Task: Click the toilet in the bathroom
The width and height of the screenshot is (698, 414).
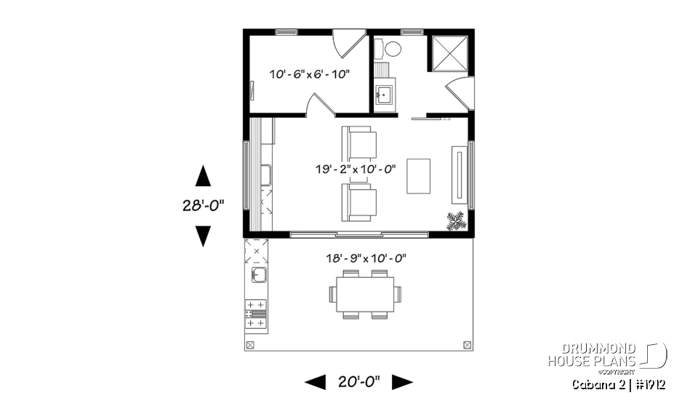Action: click(x=391, y=49)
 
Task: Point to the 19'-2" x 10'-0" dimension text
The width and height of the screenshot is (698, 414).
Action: click(x=356, y=170)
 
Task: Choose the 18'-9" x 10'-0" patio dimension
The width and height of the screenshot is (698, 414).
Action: click(x=366, y=258)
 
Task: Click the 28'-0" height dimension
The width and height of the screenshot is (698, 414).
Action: click(x=202, y=206)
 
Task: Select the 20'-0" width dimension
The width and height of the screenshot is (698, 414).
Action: click(x=358, y=381)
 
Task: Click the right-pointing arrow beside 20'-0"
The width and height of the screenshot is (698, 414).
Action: click(x=402, y=381)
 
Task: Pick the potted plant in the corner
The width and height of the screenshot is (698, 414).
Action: click(x=457, y=220)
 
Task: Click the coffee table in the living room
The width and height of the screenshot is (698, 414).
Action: click(x=418, y=175)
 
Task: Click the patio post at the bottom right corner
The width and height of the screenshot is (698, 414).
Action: click(x=466, y=343)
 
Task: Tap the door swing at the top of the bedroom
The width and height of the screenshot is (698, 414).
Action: click(x=347, y=42)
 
